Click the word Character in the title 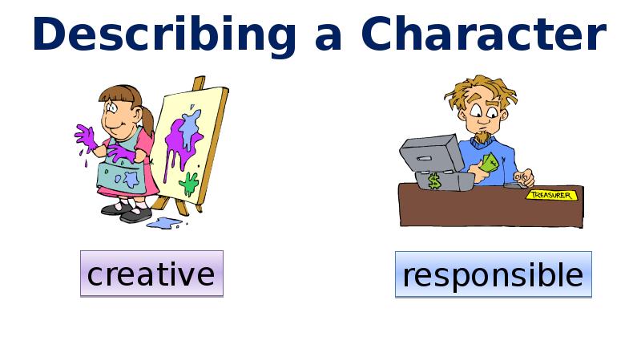click(x=484, y=34)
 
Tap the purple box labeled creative click(x=151, y=274)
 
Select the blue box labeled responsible click(x=493, y=274)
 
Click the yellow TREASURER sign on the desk click(x=551, y=195)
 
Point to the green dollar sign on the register click(x=434, y=181)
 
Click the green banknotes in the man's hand click(x=490, y=163)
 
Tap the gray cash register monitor click(x=432, y=153)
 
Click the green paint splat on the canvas click(x=189, y=184)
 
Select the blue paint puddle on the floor click(x=165, y=223)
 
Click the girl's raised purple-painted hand click(x=86, y=137)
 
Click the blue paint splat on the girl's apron click(x=131, y=179)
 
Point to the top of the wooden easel click(x=199, y=78)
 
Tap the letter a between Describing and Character click(x=329, y=39)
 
